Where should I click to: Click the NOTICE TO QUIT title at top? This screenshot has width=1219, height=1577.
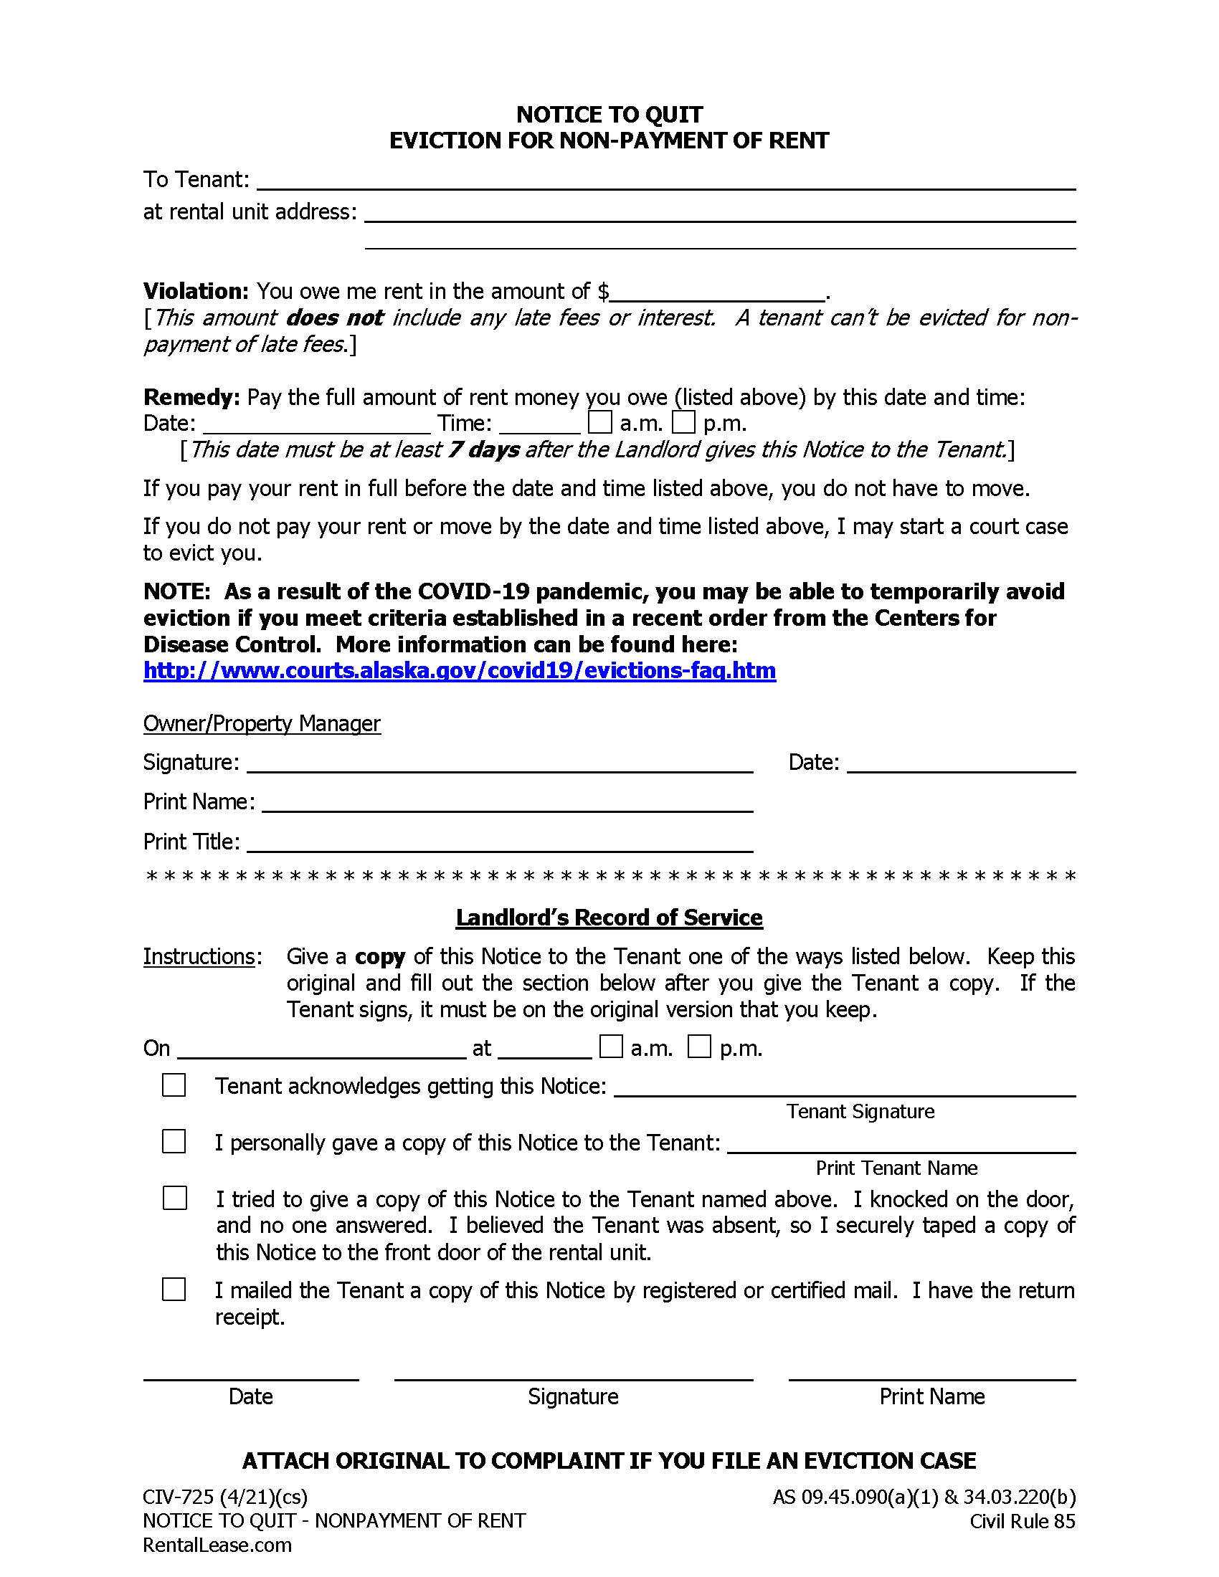pyautogui.click(x=609, y=115)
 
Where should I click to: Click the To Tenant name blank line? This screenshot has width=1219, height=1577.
pyautogui.click(x=666, y=181)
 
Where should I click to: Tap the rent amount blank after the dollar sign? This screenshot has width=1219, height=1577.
pyautogui.click(x=716, y=292)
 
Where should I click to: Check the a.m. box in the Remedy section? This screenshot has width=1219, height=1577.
pyautogui.click(x=599, y=421)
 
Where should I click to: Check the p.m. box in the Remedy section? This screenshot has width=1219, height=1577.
pyautogui.click(x=683, y=421)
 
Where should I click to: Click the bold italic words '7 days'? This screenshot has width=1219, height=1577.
pyautogui.click(x=483, y=450)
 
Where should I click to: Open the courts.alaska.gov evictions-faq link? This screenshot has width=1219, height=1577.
pyautogui.click(x=460, y=671)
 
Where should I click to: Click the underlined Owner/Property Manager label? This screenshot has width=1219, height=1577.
pyautogui.click(x=262, y=723)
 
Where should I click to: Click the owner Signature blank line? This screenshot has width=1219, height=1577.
pyautogui.click(x=500, y=764)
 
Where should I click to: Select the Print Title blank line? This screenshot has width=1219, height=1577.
pyautogui.click(x=500, y=844)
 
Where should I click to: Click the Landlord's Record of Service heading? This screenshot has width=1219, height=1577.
pyautogui.click(x=609, y=918)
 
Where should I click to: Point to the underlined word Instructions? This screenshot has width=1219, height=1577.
pyautogui.click(x=199, y=957)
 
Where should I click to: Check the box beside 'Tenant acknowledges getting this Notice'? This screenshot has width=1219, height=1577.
pyautogui.click(x=174, y=1085)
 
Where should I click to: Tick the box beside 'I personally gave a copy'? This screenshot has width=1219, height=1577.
pyautogui.click(x=174, y=1142)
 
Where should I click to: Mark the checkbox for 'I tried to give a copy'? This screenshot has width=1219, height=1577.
pyautogui.click(x=175, y=1198)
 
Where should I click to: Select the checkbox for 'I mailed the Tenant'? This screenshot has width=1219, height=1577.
pyautogui.click(x=174, y=1289)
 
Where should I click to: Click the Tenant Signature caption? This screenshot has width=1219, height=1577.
pyautogui.click(x=860, y=1111)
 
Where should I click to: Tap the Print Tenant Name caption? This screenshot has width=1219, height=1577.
pyautogui.click(x=896, y=1168)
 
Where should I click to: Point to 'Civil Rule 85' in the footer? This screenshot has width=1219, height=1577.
pyautogui.click(x=1022, y=1521)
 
